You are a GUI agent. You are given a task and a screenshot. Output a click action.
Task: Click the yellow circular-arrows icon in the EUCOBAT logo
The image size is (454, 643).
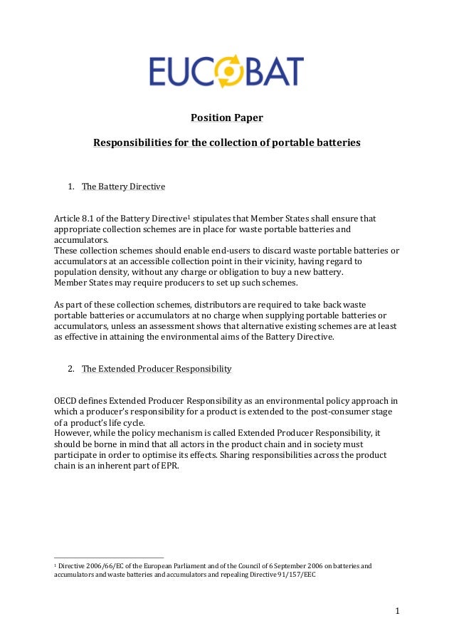(230, 73)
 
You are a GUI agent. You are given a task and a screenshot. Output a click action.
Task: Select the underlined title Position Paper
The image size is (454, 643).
(226, 117)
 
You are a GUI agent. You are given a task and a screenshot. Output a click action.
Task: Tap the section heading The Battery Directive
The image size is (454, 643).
(123, 187)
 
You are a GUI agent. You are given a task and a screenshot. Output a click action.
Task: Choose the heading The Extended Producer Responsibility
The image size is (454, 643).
(157, 369)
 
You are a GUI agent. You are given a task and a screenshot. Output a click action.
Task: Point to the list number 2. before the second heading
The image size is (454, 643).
(71, 369)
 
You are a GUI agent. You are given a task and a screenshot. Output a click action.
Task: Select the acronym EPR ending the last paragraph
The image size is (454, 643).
(169, 466)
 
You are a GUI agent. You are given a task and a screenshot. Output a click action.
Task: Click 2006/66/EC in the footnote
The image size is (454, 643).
(108, 567)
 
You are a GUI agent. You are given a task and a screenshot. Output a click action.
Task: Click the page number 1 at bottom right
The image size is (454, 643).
(398, 611)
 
